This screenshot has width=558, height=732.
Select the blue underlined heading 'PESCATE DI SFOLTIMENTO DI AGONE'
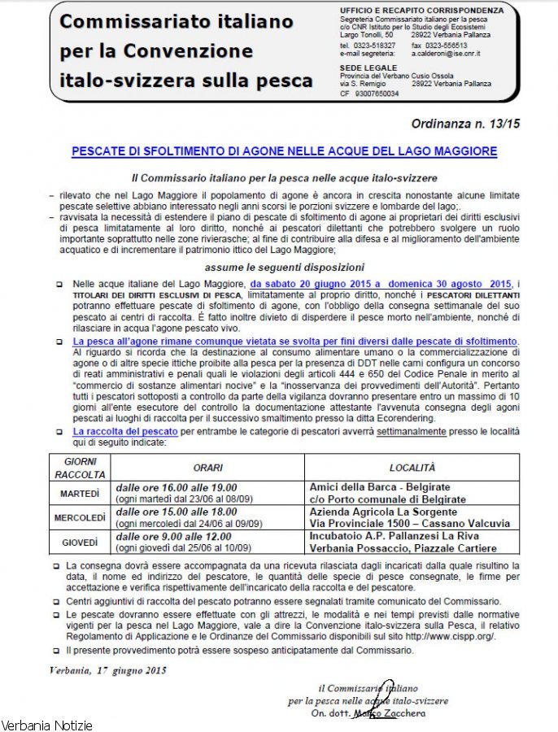(x=284, y=151)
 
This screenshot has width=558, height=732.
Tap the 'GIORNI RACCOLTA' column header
(x=80, y=468)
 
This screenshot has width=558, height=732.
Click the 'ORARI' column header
(x=207, y=468)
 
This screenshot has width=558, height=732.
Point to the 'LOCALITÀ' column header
(x=412, y=468)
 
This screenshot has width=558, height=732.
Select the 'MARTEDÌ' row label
(x=80, y=493)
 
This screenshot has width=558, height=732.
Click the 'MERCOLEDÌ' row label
(x=80, y=518)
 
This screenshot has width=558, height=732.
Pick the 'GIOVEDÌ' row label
(x=80, y=542)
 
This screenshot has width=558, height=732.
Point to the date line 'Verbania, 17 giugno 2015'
(x=102, y=670)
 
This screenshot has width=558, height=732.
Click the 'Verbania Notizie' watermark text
(x=47, y=725)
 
